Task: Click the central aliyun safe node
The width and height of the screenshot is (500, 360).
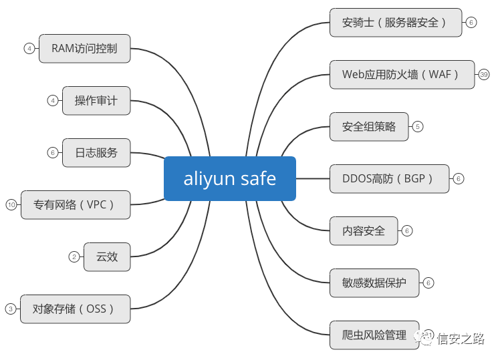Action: coord(230,178)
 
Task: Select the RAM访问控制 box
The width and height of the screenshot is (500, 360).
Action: coord(84,48)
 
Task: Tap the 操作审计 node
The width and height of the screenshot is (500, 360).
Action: coord(96,100)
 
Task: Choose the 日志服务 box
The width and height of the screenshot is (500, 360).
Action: coord(96,152)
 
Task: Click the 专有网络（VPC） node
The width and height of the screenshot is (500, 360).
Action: coord(75,204)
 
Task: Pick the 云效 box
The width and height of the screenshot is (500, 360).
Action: coord(107,256)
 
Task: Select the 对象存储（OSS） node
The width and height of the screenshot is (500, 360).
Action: coord(75,309)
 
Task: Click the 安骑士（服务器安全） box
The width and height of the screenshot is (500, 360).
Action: coord(396,22)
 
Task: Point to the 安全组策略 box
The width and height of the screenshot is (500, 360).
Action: coord(369,126)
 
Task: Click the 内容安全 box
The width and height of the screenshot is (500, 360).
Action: coord(364,230)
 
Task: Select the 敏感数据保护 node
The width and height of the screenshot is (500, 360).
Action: coord(374,283)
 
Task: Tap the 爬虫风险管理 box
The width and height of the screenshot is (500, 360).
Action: coord(374,335)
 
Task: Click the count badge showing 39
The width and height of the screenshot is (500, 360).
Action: coord(485,74)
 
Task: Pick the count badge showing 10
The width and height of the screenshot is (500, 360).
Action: coord(11,204)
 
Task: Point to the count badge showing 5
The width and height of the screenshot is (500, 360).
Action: coord(418,126)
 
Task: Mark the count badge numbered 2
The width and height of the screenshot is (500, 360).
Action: coord(74,256)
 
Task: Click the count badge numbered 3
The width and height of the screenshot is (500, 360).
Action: coord(11,309)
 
